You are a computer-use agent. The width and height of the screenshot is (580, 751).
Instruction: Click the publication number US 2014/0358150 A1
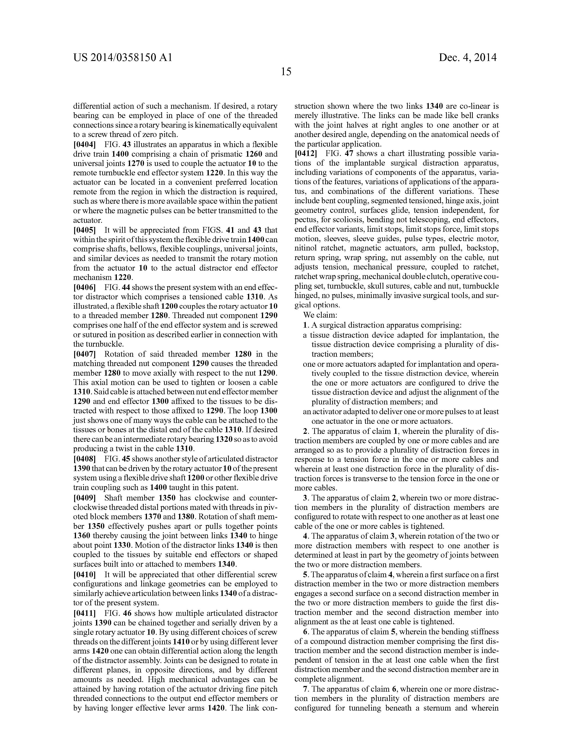click(x=123, y=57)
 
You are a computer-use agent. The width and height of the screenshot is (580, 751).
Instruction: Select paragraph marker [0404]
click(x=84, y=144)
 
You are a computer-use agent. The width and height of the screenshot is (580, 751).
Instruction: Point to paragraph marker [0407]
click(x=84, y=354)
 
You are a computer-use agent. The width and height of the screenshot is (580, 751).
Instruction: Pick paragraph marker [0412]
click(x=306, y=153)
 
